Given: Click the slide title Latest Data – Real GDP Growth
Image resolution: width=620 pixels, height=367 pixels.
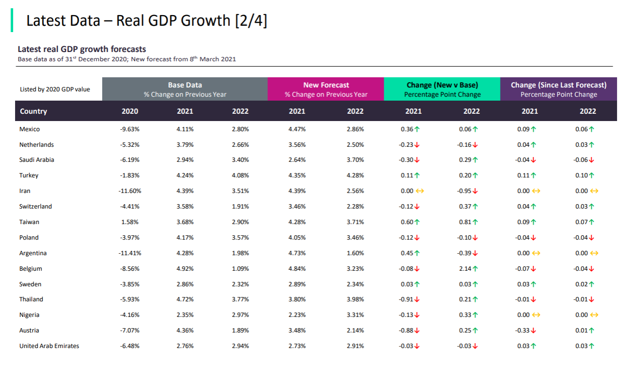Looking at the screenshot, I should (x=146, y=21).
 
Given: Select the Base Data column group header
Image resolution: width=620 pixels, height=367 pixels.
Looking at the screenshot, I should (x=185, y=89).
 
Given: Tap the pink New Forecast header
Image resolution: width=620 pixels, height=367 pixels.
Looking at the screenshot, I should (x=326, y=89).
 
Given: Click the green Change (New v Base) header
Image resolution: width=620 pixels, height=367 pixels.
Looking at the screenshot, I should (x=442, y=89).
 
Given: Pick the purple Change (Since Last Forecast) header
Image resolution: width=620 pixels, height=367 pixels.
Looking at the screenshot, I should (x=558, y=89).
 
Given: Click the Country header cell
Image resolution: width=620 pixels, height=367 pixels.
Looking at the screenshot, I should (x=34, y=111).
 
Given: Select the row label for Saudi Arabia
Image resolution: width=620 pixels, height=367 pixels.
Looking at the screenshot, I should (x=36, y=160).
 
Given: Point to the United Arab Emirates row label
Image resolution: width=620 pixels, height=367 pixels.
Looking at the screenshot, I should (x=49, y=346).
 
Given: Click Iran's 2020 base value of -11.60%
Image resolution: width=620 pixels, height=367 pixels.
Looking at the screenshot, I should (x=129, y=191).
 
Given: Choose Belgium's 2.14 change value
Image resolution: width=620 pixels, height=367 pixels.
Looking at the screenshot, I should (x=465, y=269).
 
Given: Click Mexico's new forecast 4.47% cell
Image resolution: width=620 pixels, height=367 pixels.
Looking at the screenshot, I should (x=297, y=129).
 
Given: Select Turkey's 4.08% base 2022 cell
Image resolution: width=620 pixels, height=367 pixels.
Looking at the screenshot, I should (x=240, y=175).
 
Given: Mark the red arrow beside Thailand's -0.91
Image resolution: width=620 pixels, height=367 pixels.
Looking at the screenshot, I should (x=417, y=300).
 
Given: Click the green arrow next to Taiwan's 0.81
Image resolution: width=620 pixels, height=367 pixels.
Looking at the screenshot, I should (x=475, y=222).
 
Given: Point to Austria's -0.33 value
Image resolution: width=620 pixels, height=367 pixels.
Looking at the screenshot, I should (x=523, y=331).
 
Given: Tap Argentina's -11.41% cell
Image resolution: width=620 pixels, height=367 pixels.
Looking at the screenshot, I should (x=129, y=253).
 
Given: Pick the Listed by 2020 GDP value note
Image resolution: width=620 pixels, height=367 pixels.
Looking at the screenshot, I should (x=55, y=89).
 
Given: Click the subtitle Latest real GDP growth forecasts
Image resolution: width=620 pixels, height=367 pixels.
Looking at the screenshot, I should (x=82, y=49).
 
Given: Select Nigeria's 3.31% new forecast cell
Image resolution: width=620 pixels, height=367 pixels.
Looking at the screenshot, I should (x=355, y=315).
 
